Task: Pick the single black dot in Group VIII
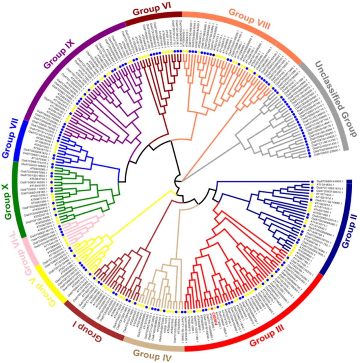point(213,55)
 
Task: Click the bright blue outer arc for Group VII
point(20,141)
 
